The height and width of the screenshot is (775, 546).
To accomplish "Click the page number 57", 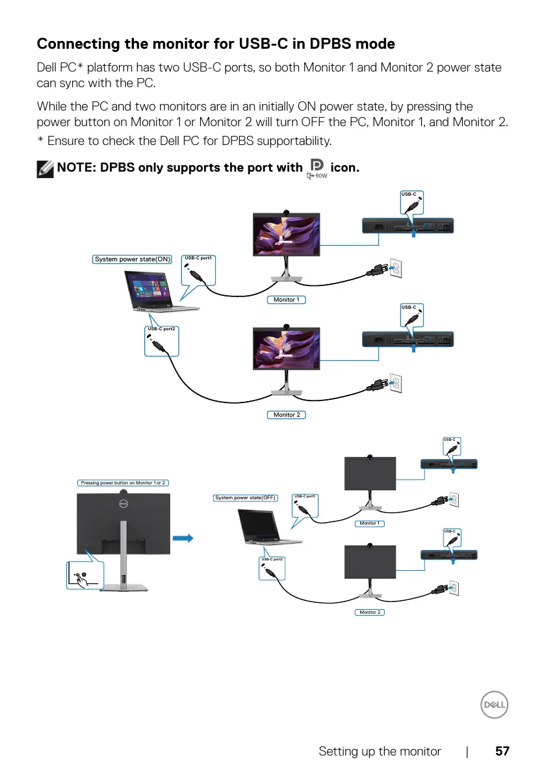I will pyautogui.click(x=502, y=751).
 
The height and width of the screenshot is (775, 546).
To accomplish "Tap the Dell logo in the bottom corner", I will pyautogui.click(x=494, y=705).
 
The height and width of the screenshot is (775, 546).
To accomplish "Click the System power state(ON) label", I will pyautogui.click(x=133, y=259).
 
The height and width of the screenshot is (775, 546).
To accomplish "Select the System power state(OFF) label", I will pyautogui.click(x=246, y=498).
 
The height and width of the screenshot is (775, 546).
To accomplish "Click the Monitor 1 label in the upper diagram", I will pyautogui.click(x=286, y=300).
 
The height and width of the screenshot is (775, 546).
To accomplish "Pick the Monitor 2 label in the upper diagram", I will pyautogui.click(x=286, y=414).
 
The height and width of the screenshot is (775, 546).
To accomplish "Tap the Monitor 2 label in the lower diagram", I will pyautogui.click(x=369, y=612).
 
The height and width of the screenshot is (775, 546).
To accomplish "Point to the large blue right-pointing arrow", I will pyautogui.click(x=185, y=538).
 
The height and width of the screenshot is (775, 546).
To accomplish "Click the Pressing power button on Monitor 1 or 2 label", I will pyautogui.click(x=123, y=483).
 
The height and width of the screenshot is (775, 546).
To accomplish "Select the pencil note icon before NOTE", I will pyautogui.click(x=45, y=168).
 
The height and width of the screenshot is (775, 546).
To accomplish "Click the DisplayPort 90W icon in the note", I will pyautogui.click(x=318, y=168).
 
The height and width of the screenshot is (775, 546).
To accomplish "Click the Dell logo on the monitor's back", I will pyautogui.click(x=123, y=502).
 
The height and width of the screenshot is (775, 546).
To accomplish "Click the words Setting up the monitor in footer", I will pyautogui.click(x=380, y=751).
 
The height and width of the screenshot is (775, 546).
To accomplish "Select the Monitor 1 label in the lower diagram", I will pyautogui.click(x=369, y=523).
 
